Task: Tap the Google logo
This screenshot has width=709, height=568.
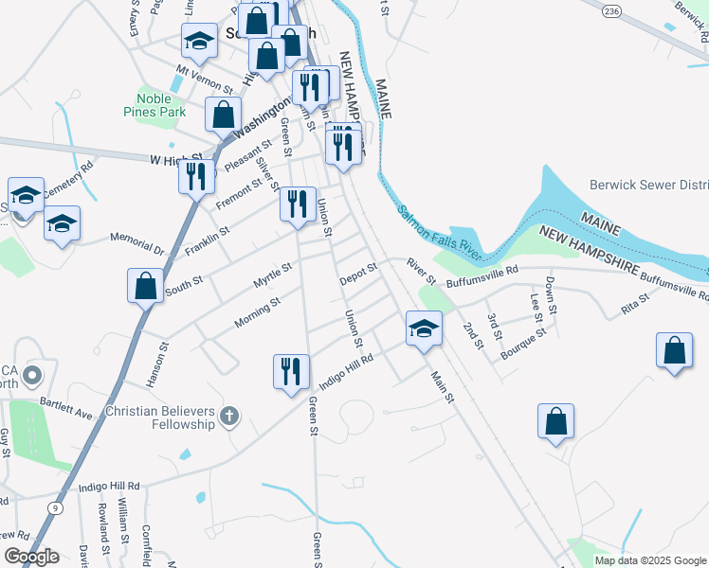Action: tap(31, 557)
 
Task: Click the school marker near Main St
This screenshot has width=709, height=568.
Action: tap(424, 328)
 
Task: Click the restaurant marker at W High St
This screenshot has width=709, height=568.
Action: tap(196, 176)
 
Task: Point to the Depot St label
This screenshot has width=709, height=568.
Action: tap(358, 272)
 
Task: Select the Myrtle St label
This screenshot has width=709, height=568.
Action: tap(272, 276)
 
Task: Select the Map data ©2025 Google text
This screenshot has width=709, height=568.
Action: tap(649, 560)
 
